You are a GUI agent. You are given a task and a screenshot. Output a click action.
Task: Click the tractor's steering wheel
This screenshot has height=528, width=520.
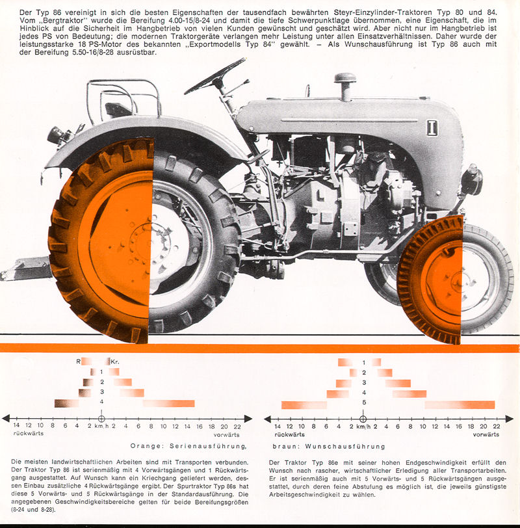(215, 76)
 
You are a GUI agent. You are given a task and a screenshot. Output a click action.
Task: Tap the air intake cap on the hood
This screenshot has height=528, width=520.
(345, 79)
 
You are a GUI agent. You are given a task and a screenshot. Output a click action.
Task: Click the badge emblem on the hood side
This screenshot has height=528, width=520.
(432, 128)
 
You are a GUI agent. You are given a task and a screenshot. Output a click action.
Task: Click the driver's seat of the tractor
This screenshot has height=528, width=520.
(118, 109)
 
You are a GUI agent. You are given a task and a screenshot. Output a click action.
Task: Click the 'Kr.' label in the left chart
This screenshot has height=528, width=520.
(115, 362)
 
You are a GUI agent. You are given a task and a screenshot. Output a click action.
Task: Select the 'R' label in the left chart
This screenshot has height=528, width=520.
(78, 362)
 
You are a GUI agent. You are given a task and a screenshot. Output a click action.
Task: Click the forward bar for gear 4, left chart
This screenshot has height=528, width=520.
(168, 403)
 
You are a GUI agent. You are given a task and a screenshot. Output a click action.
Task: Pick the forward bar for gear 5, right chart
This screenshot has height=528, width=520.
(460, 404)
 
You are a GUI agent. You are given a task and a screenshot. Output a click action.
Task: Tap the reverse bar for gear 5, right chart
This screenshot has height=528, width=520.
(304, 404)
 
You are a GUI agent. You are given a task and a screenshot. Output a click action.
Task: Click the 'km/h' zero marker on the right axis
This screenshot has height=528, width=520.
(363, 419)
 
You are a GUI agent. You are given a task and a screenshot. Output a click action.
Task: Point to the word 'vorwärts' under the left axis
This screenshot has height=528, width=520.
(226, 435)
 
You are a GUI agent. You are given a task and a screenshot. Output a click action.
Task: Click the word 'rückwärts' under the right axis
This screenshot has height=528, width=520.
(289, 434)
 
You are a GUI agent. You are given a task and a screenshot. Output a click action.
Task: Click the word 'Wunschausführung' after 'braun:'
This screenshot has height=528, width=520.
(345, 447)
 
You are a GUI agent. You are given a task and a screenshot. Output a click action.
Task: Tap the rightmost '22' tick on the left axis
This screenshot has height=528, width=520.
(237, 427)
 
